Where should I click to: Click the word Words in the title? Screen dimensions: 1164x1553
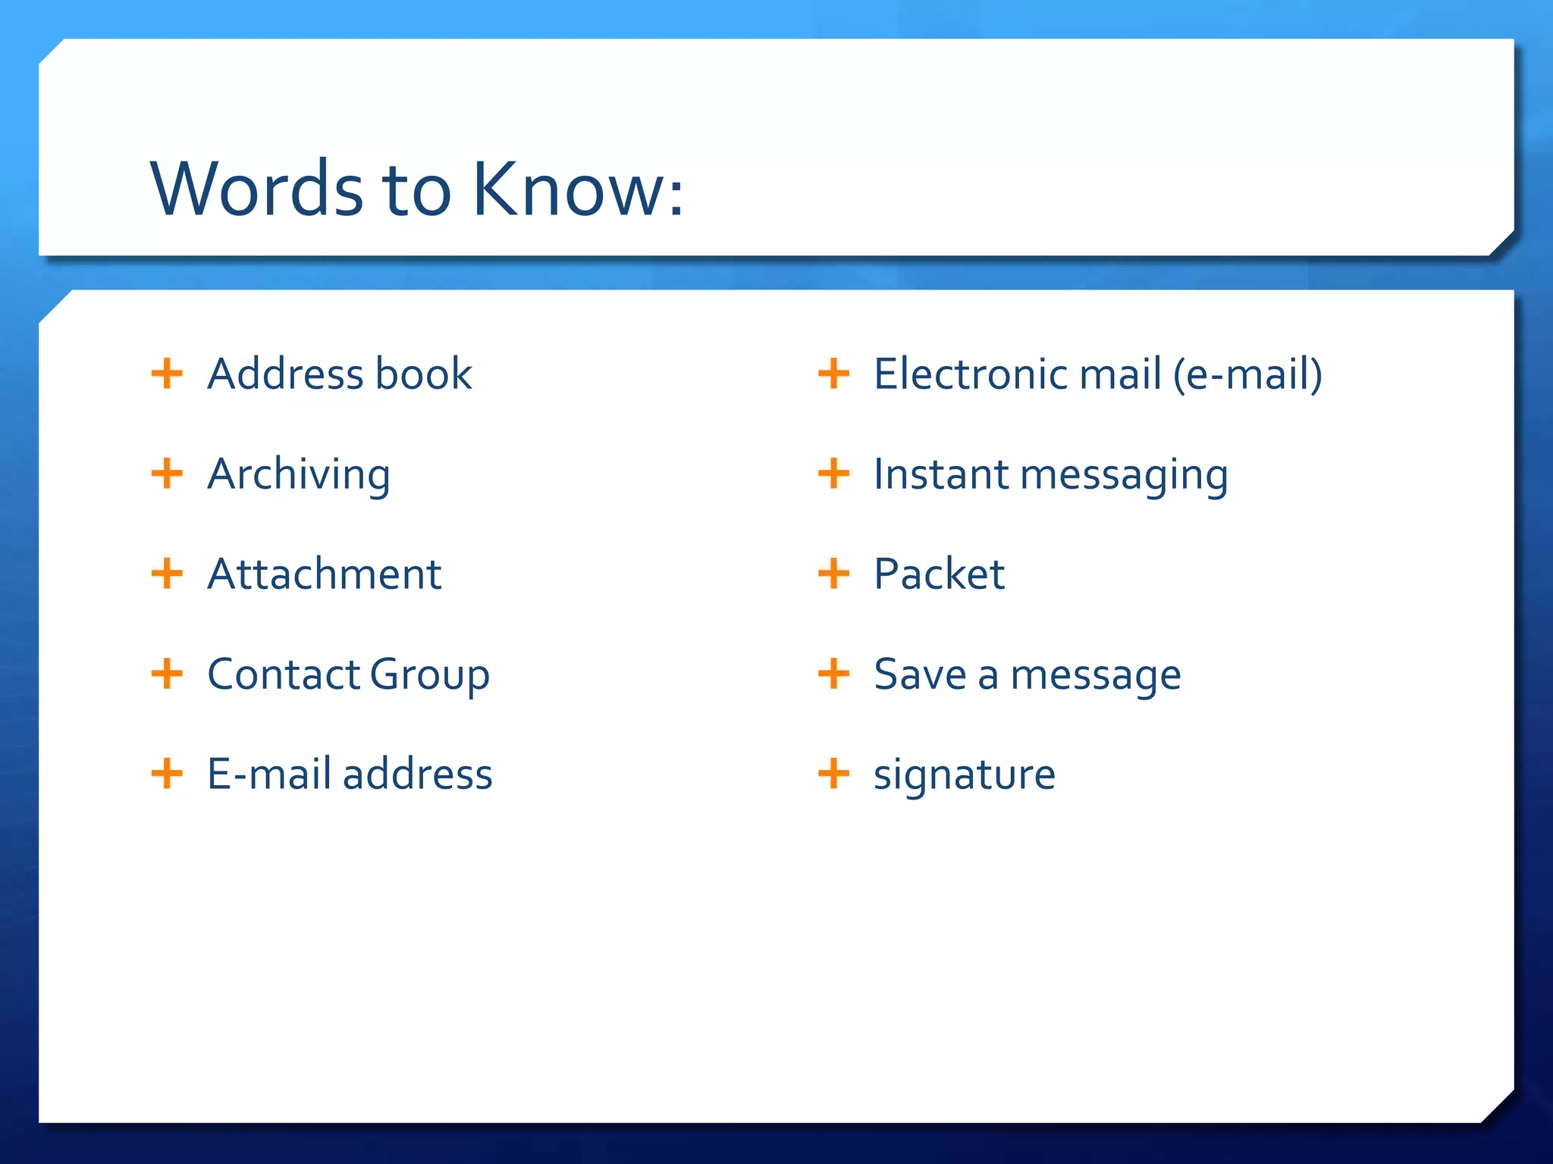[x=257, y=189]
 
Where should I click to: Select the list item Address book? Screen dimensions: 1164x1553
[x=340, y=374]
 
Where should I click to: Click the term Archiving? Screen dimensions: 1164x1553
[x=299, y=474]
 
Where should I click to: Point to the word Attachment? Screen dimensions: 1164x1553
[x=325, y=574]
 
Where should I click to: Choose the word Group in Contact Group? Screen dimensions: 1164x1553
[x=430, y=674]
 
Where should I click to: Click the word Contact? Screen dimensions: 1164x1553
[x=284, y=674]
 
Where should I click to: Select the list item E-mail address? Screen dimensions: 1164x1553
[x=350, y=774]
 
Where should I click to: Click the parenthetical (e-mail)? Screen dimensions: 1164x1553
[x=1247, y=374]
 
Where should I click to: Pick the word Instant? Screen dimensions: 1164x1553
[x=941, y=474]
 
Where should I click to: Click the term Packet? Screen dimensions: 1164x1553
[x=940, y=574]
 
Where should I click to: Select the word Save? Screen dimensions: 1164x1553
[x=920, y=674]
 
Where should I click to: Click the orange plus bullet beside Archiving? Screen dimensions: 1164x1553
[x=167, y=474]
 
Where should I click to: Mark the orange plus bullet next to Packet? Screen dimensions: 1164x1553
[x=833, y=574]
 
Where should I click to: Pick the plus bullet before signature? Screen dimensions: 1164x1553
[x=833, y=774]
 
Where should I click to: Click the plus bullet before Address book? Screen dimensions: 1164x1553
[x=167, y=374]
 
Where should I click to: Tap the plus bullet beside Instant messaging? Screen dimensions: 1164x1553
[x=833, y=474]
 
